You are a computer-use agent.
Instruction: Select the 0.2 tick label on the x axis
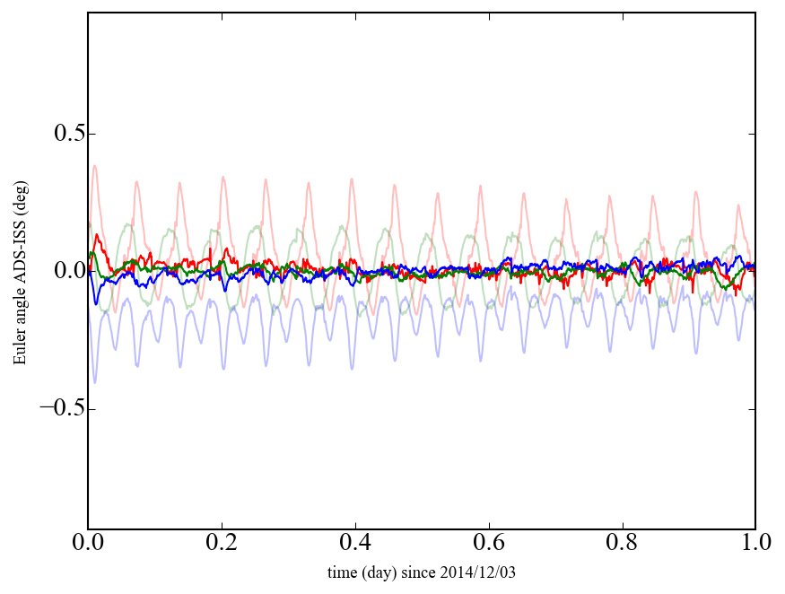tap(222, 544)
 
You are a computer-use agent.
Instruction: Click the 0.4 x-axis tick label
tap(355, 544)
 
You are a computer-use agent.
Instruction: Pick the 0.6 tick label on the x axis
tap(489, 544)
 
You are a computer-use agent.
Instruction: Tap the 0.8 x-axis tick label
tap(622, 544)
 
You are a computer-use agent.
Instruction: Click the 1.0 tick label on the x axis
tap(755, 544)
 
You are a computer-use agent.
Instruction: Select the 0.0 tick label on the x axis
tap(88, 544)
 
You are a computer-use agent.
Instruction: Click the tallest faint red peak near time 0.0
tap(94, 165)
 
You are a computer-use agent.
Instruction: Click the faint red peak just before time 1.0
tap(738, 205)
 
